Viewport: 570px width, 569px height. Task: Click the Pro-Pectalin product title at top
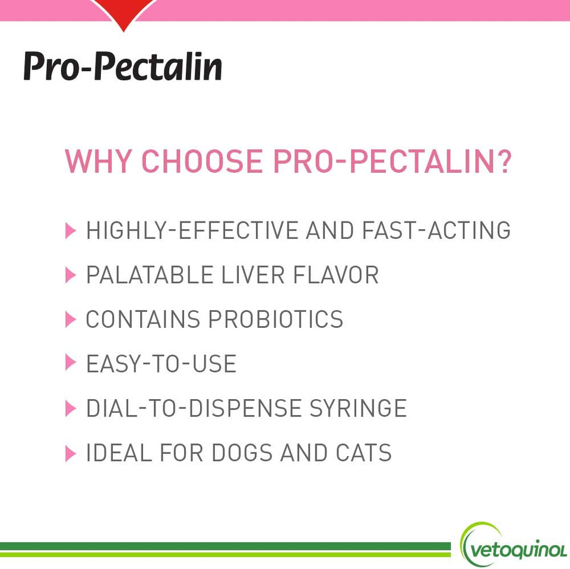tap(122, 67)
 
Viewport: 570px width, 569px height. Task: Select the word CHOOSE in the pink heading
tap(202, 162)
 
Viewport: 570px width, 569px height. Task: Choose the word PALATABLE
tap(150, 275)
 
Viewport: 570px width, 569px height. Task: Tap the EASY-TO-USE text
tap(161, 364)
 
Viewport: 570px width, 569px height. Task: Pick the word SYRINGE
tap(358, 409)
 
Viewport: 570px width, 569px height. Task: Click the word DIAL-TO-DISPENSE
tap(194, 409)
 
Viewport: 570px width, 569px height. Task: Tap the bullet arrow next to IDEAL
tap(71, 453)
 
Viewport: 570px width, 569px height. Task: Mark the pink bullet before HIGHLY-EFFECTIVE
tap(71, 230)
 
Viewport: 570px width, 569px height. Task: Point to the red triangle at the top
tap(124, 14)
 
